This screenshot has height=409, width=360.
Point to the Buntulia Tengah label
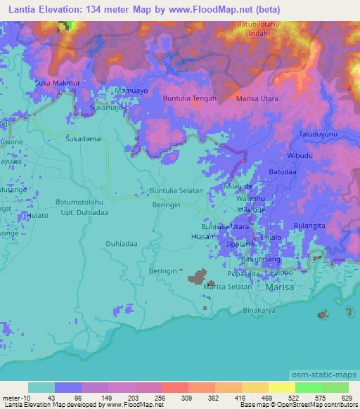tap(190, 98)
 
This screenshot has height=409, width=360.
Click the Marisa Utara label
tap(257, 99)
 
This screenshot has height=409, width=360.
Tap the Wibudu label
tap(300, 155)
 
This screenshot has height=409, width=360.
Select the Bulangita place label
tap(309, 226)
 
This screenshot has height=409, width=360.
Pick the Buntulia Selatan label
tap(176, 190)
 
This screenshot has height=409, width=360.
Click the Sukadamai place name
tap(84, 139)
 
